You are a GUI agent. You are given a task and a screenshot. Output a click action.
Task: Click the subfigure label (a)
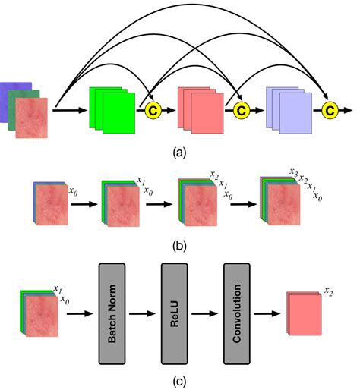click(x=179, y=152)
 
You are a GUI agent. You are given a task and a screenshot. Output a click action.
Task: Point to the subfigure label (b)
click(x=179, y=244)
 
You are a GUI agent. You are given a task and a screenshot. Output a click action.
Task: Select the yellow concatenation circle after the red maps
click(x=242, y=112)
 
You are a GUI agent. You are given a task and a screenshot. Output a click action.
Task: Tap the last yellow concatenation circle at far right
click(x=330, y=112)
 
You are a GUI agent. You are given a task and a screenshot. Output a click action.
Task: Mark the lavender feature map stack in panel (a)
click(x=288, y=109)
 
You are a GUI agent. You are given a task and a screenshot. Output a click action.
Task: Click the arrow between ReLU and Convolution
click(x=205, y=312)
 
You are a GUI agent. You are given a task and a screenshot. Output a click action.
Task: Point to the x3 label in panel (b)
click(x=292, y=173)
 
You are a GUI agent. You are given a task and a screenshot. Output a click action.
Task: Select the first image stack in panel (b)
click(x=50, y=205)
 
